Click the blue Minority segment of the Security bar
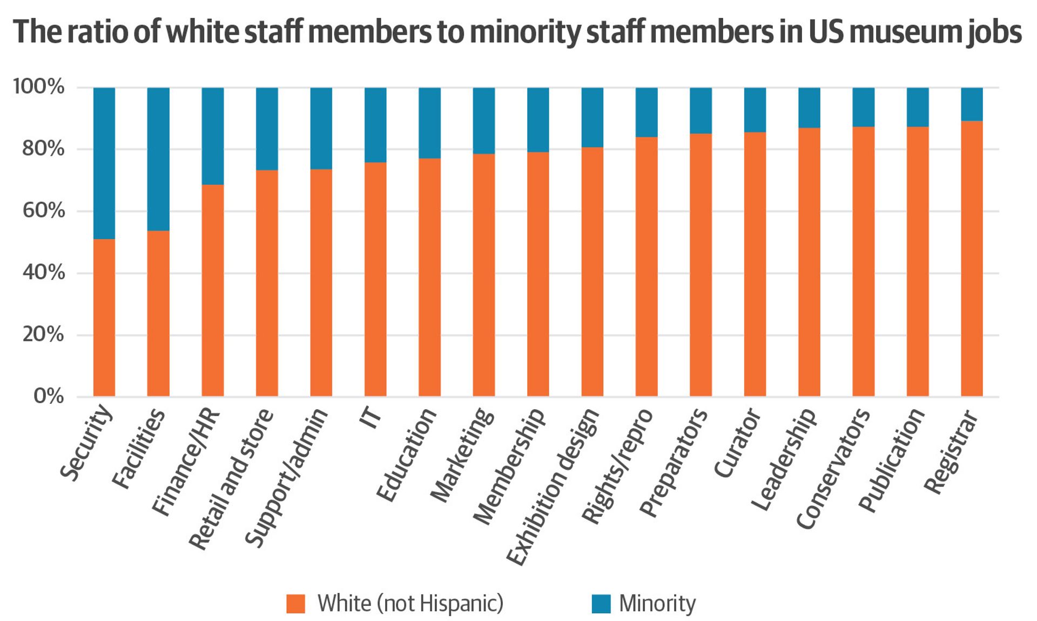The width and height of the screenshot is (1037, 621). click(104, 163)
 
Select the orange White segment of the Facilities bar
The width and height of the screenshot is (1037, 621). click(158, 313)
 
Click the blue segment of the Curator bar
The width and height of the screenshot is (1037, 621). click(755, 110)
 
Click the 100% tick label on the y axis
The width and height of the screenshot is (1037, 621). click(38, 86)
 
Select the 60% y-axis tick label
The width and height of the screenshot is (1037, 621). click(43, 210)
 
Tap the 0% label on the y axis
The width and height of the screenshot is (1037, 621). click(49, 396)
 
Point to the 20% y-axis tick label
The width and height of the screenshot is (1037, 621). click(43, 335)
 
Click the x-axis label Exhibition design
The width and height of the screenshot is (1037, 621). click(554, 486)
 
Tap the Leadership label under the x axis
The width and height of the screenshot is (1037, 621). click(784, 459)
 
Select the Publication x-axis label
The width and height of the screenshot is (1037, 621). click(892, 459)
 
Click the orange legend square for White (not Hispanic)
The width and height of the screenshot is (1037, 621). click(295, 604)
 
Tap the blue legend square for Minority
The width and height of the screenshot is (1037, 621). click(601, 604)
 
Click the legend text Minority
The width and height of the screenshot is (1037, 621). click(657, 604)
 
